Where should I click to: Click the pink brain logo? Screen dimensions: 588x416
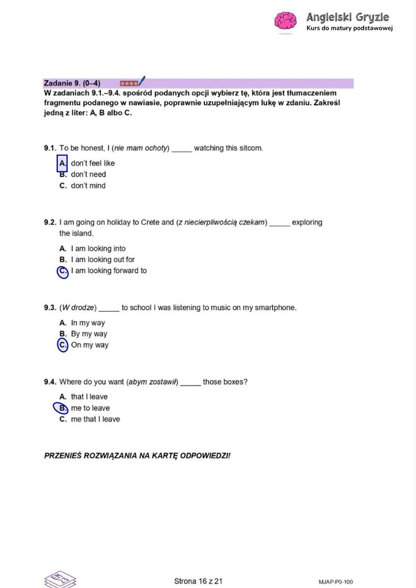tap(285, 21)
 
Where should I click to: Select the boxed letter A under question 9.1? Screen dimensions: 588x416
tap(63, 163)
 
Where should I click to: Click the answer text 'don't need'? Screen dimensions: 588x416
tap(88, 174)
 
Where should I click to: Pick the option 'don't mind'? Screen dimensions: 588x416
tap(88, 186)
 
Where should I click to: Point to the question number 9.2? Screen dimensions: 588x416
tap(50, 222)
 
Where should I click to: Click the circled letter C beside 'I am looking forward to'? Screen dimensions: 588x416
tap(63, 271)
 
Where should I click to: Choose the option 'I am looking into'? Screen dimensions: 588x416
tap(98, 249)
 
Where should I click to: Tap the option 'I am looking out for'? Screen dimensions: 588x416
tap(103, 260)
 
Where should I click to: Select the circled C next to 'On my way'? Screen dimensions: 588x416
tap(63, 345)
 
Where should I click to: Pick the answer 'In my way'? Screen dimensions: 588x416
tap(88, 323)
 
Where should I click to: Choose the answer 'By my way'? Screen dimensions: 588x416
tap(89, 334)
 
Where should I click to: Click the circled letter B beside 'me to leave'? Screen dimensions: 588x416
tap(61, 408)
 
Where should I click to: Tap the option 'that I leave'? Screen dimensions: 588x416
tap(89, 397)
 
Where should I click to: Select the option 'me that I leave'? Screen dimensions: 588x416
tap(95, 419)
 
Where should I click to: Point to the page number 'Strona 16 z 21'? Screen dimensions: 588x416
tap(198, 581)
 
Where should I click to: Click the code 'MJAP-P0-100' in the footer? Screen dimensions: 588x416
tap(335, 582)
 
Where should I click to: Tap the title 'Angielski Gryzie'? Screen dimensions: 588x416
tap(348, 17)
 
